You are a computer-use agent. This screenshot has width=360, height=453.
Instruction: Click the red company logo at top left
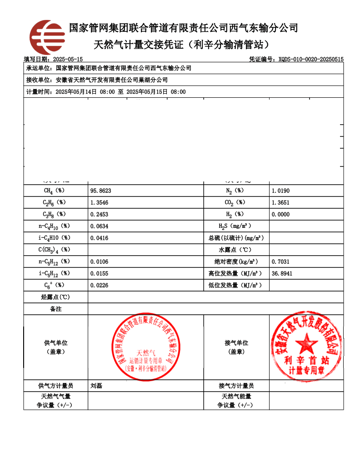point(47,37)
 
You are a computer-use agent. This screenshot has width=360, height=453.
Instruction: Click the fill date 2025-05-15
point(68,59)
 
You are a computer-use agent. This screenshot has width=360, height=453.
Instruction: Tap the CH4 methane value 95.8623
point(101,191)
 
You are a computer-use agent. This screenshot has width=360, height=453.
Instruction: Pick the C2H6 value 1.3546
point(100,202)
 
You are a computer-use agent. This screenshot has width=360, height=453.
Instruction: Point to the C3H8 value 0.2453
point(100,214)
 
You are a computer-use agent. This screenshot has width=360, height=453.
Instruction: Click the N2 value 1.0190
point(280,191)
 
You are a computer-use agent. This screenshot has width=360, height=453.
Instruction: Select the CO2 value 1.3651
point(280,202)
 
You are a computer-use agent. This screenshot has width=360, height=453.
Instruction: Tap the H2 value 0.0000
point(280,214)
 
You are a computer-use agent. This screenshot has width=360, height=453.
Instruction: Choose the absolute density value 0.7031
point(280,262)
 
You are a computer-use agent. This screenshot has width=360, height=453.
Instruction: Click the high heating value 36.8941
point(282,273)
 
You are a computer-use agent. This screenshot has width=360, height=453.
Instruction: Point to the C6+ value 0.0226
point(100,285)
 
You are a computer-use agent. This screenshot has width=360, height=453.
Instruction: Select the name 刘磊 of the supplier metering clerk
point(96,386)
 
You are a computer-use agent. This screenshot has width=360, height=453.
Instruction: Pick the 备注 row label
point(55,309)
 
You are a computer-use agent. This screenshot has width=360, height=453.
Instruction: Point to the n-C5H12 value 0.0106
point(100,262)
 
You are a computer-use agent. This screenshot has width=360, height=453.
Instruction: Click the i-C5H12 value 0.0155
point(100,273)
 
